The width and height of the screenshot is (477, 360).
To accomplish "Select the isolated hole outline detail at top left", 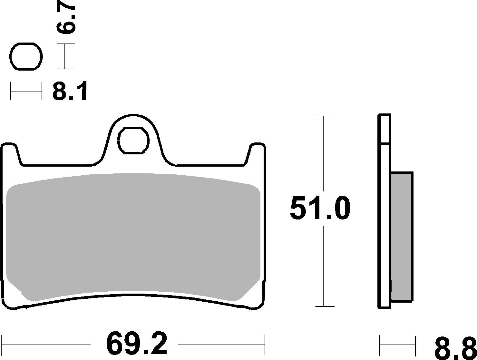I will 26,56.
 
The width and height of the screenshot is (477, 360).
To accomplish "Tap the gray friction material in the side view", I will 402,237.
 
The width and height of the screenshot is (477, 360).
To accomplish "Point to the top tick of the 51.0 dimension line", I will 324,115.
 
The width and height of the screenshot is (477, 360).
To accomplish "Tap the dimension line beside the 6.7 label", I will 65,56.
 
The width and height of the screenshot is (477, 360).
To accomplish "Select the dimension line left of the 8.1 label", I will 26,91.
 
